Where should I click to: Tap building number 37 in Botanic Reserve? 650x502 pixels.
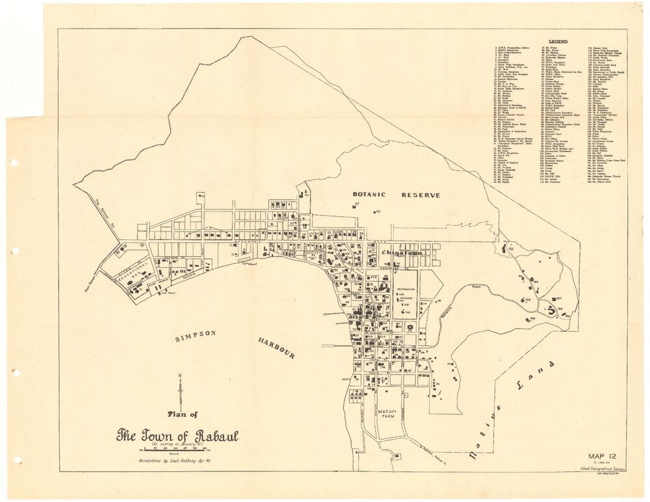coord(357,204)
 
